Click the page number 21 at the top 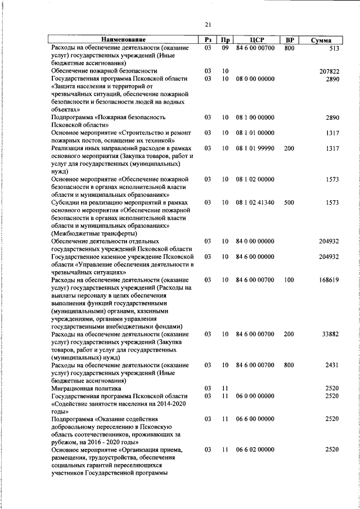[x=208, y=24]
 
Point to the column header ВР [x=289, y=40]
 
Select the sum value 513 [x=333, y=48]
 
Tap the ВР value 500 [x=289, y=202]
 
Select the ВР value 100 [x=289, y=280]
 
